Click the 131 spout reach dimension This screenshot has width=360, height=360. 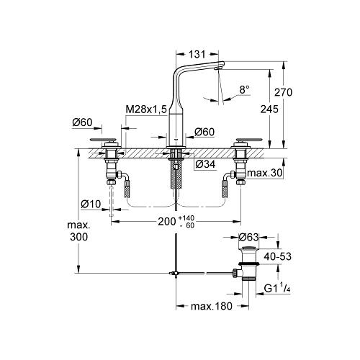click(x=197, y=55)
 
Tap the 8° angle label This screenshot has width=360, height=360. click(x=244, y=90)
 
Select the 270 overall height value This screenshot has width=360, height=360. click(x=284, y=92)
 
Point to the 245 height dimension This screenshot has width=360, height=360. click(x=269, y=109)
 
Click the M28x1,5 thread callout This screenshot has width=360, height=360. click(x=146, y=109)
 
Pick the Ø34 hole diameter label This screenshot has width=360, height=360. click(x=205, y=164)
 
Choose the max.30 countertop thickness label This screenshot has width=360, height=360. click(x=265, y=173)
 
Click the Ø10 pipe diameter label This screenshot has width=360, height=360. click(x=91, y=204)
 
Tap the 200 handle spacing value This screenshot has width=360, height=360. click(x=167, y=222)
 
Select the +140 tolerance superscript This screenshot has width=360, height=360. click(x=186, y=218)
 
